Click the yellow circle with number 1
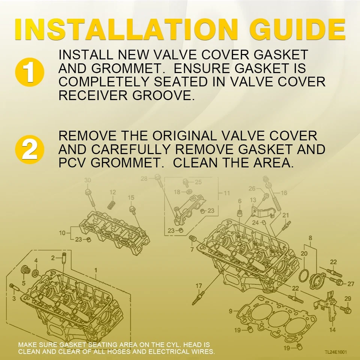click(x=30, y=72)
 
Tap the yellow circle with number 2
click(x=30, y=150)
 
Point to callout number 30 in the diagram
click(x=87, y=180)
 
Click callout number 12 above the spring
click(x=112, y=192)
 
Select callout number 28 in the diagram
click(x=144, y=178)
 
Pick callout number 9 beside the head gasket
click(x=231, y=311)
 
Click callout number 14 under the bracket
click(x=332, y=330)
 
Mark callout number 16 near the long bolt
click(x=284, y=193)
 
